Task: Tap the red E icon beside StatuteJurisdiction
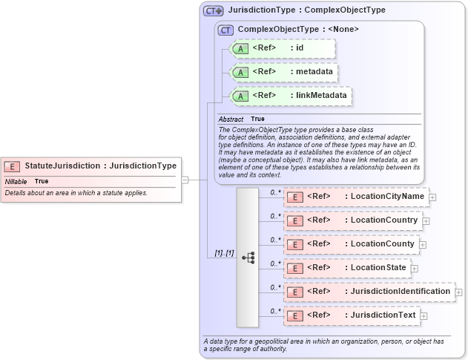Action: (x=12, y=166)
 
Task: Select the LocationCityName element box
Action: (x=356, y=197)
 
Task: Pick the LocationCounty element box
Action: (x=352, y=244)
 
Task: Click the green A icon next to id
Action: (x=240, y=48)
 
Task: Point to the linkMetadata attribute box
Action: (x=291, y=96)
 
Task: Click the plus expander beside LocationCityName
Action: (x=432, y=197)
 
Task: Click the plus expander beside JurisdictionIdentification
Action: (x=458, y=292)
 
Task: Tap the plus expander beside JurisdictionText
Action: (x=423, y=316)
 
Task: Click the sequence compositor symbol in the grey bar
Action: (x=248, y=257)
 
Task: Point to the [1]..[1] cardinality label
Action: (x=224, y=253)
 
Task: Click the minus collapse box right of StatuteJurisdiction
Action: (x=185, y=180)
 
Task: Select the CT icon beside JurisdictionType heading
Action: (x=214, y=11)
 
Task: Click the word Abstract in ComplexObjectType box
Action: (x=231, y=119)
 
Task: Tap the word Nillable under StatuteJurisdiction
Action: (x=16, y=181)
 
